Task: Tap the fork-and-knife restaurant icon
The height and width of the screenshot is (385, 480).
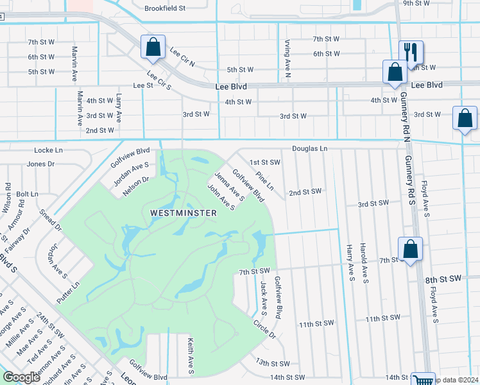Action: [411, 52]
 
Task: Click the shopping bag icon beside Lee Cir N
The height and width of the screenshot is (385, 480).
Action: [153, 46]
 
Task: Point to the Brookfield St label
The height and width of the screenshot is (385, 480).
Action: [164, 9]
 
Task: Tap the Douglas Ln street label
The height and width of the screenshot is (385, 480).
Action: [309, 149]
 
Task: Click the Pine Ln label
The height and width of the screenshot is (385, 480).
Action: [264, 180]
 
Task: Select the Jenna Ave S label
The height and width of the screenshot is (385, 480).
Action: [229, 186]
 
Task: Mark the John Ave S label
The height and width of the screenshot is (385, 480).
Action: [220, 198]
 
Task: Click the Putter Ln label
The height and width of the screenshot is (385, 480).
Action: [67, 284]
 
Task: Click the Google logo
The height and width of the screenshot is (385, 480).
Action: [21, 377]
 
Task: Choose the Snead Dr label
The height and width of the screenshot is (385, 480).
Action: [49, 220]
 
